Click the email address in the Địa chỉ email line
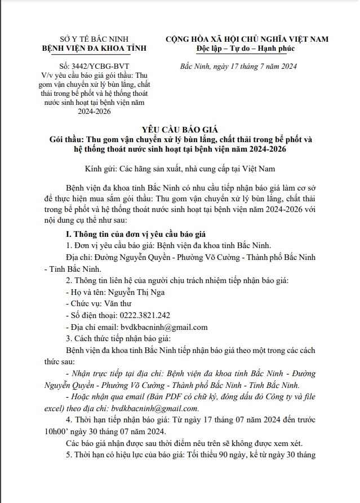[163, 327]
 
